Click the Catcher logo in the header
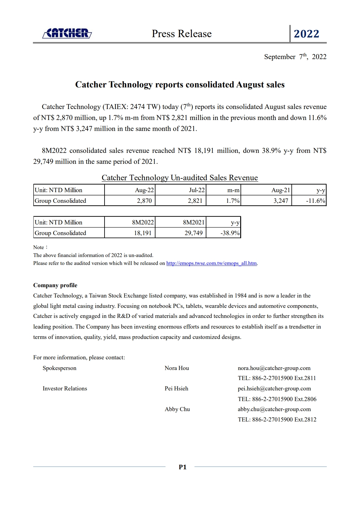click(67, 33)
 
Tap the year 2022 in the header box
click(306, 34)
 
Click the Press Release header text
click(182, 33)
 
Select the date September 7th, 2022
click(295, 57)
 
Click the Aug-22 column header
click(144, 190)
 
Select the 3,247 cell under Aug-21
click(281, 201)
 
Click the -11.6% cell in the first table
click(315, 201)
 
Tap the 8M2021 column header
click(194, 222)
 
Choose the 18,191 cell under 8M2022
click(143, 233)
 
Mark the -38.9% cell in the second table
click(230, 233)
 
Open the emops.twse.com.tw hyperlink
click(212, 263)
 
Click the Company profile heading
click(55, 285)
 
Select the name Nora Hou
click(177, 368)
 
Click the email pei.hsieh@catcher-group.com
click(274, 389)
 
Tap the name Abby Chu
click(177, 409)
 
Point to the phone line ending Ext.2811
click(277, 378)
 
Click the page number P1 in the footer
click(183, 467)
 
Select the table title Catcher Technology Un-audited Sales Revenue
click(180, 178)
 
